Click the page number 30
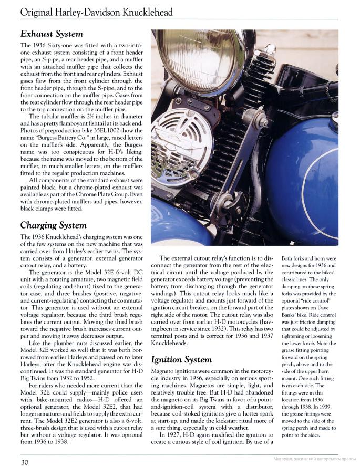tap(25, 462)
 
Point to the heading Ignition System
tap(182, 359)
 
